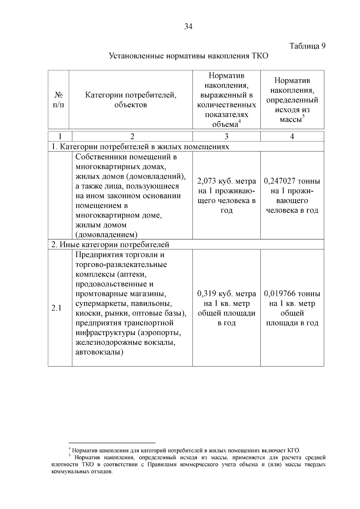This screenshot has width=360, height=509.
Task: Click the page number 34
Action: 188,27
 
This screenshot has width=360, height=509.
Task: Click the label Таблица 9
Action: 307,46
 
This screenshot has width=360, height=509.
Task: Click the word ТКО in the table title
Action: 259,56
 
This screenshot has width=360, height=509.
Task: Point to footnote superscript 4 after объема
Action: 239,121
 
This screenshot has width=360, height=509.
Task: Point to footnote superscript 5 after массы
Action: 303,116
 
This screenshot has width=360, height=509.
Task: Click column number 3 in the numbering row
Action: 226,136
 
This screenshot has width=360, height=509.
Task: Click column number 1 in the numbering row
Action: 60,136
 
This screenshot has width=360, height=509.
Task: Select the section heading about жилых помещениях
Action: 140,147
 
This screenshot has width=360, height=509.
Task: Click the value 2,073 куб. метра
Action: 226,181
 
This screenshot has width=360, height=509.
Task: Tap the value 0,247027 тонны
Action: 292,181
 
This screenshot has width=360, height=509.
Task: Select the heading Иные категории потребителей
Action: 110,245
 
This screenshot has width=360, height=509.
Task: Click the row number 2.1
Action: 56,308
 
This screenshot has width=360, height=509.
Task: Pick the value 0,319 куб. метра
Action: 226,294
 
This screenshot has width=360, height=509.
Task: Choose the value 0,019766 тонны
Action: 292,294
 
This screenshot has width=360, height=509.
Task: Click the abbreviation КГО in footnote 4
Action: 293,451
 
